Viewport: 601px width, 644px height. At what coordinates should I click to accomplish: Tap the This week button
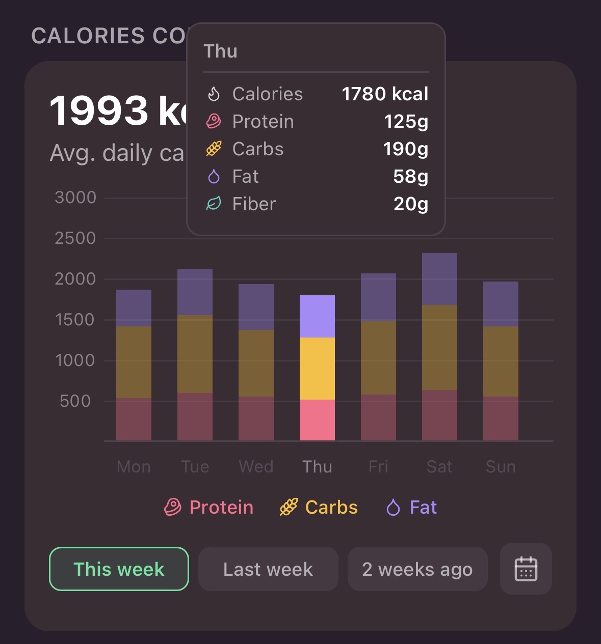tap(119, 569)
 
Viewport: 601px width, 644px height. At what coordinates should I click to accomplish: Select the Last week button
tap(268, 569)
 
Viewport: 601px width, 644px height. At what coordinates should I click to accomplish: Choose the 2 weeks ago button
tap(417, 569)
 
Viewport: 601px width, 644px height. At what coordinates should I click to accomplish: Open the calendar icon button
tap(526, 569)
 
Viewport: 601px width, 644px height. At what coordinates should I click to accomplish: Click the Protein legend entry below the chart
tap(209, 507)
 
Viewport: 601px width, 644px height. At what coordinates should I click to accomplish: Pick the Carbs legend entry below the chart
tap(319, 507)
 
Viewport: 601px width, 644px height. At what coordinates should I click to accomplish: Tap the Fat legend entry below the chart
tap(412, 507)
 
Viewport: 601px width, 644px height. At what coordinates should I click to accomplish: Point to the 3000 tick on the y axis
tap(75, 198)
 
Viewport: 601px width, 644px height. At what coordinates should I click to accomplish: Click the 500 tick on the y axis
tap(75, 401)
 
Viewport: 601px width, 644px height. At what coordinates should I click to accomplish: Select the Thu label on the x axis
tap(317, 466)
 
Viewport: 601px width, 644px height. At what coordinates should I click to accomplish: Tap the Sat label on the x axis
tap(439, 466)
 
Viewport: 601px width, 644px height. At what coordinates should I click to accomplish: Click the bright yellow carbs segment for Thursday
tap(317, 369)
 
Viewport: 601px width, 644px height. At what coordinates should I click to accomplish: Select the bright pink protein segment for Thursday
tap(317, 420)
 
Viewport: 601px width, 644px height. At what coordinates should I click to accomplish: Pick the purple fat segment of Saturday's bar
tap(439, 279)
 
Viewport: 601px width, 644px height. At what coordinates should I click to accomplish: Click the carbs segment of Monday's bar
tap(134, 362)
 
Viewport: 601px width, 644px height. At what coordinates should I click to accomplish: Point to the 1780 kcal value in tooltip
tap(385, 94)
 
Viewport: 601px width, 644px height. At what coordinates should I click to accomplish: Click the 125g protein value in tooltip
tap(406, 121)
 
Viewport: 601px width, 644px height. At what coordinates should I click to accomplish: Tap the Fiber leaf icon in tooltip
tap(214, 204)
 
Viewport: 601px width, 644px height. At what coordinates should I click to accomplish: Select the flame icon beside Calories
tap(214, 94)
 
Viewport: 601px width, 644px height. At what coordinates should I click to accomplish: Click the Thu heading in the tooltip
tap(220, 51)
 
